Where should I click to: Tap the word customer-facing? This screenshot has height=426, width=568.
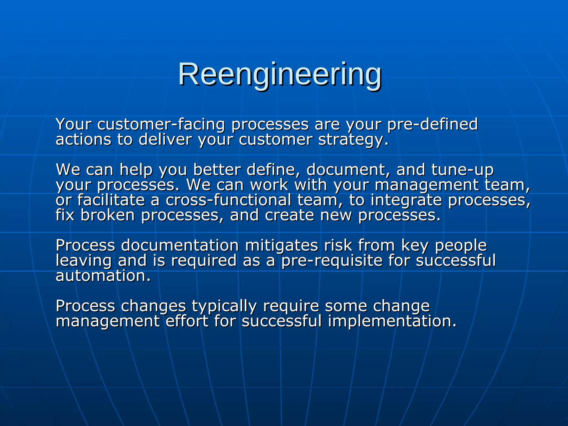[161, 124]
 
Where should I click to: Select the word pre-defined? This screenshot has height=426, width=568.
[432, 124]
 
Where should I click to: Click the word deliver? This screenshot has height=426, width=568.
[165, 140]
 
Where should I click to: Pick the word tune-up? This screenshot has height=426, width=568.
[462, 170]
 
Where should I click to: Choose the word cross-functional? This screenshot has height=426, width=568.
[228, 200]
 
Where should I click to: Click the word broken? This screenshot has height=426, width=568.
[108, 215]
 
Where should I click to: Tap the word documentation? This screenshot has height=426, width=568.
[180, 245]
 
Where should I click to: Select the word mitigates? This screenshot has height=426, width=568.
[281, 245]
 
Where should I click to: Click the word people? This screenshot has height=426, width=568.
[461, 245]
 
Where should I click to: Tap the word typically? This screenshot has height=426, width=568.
[224, 306]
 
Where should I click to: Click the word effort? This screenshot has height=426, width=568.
[187, 321]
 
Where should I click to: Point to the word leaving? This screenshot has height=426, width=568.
[83, 261]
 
